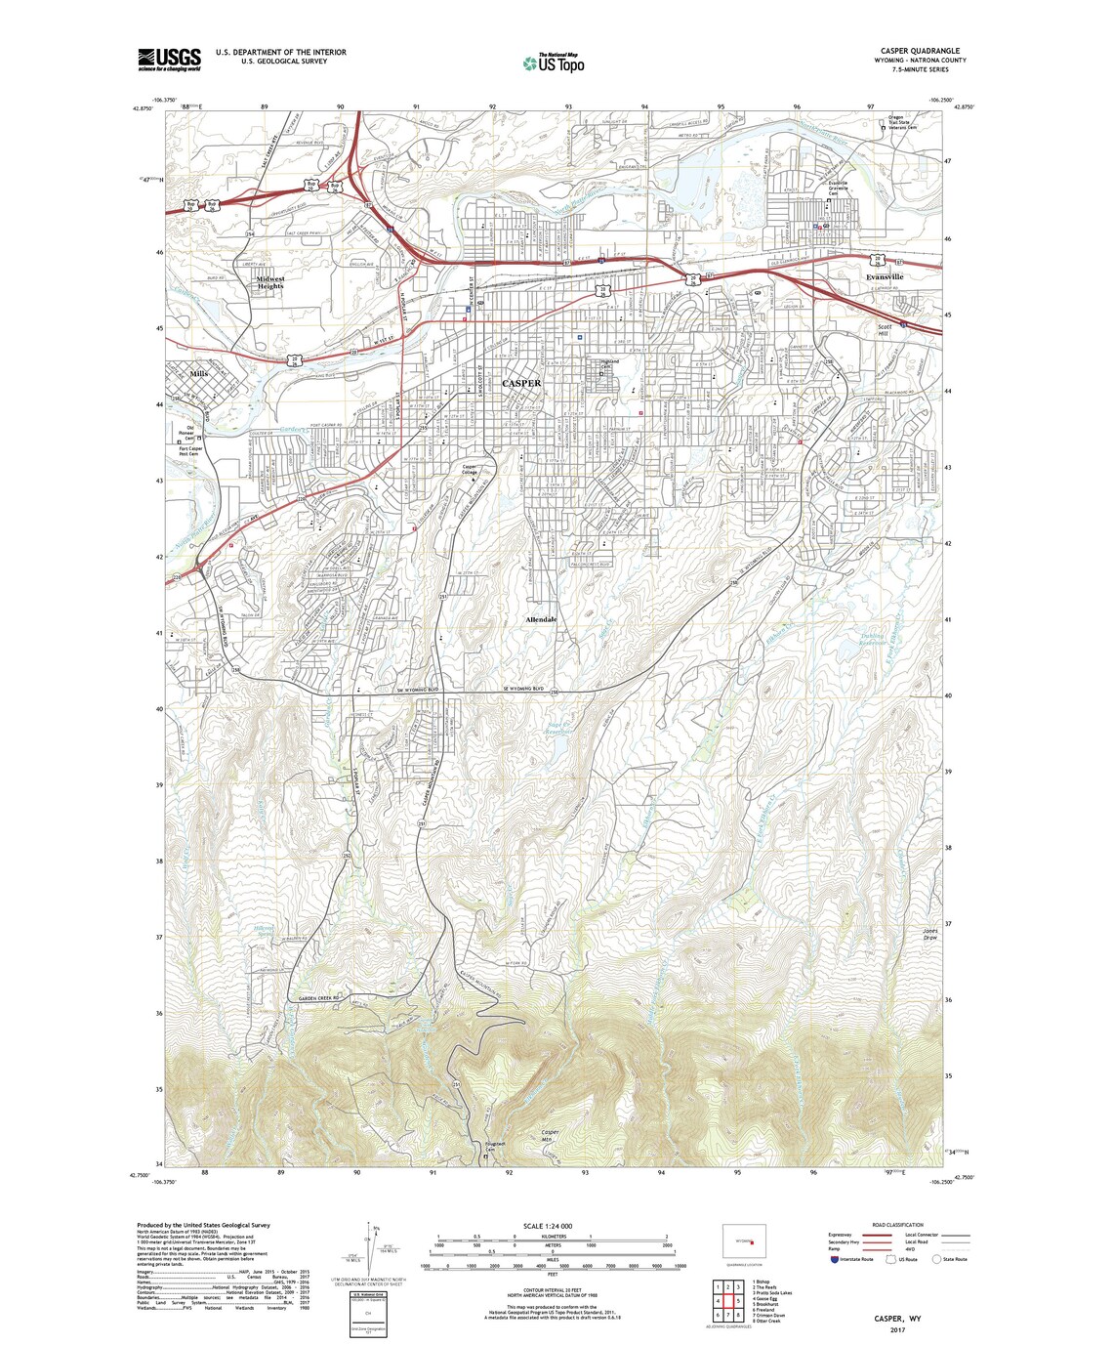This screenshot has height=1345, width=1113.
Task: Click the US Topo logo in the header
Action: [554, 63]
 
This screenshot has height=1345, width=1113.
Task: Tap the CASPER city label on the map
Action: [520, 384]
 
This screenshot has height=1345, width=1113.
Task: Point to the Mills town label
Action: [200, 374]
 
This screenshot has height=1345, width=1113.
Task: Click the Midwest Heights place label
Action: [269, 281]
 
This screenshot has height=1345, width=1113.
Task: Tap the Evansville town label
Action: [885, 277]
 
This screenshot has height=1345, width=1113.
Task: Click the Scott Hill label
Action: [885, 330]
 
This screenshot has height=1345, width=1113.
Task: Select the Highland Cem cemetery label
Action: [609, 364]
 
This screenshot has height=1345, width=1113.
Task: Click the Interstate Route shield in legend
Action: [834, 1259]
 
